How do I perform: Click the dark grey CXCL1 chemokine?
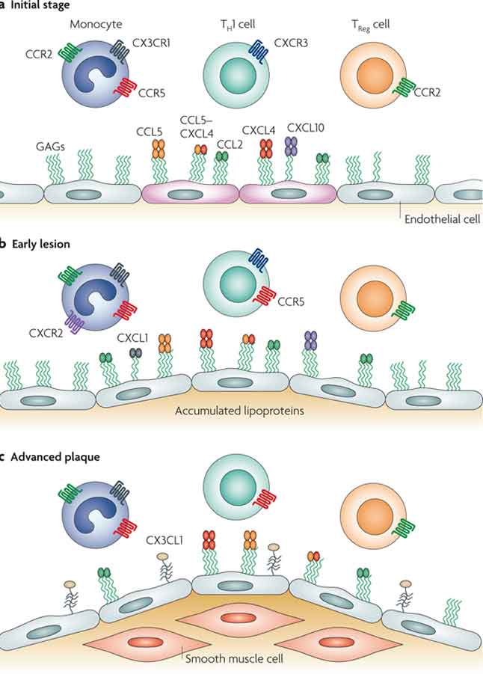[x=135, y=353]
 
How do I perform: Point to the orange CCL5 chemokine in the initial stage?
[x=158, y=148]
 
